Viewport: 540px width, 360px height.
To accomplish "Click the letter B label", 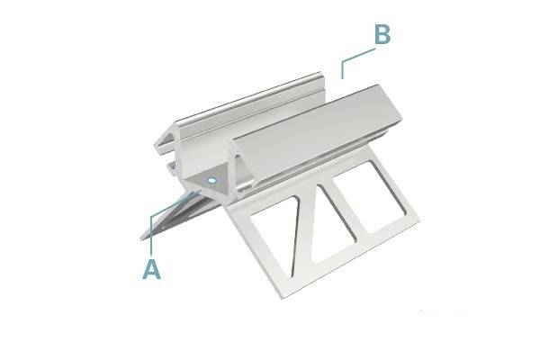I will (x=382, y=35).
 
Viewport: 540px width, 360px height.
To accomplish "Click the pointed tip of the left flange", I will (x=142, y=236).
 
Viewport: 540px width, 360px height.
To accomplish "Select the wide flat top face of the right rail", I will (x=315, y=121).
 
